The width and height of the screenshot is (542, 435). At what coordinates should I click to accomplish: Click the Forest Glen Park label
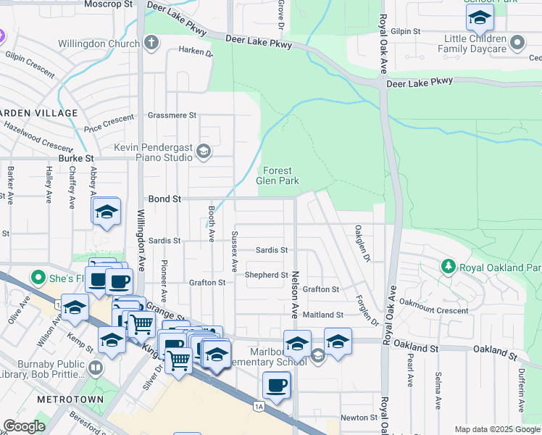point(278,175)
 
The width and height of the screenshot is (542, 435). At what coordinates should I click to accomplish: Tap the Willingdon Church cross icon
point(151,43)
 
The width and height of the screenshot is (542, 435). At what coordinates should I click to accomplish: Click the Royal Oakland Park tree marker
point(449,268)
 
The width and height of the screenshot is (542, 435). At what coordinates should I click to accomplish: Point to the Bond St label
point(164,198)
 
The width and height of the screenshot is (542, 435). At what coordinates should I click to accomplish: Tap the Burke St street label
point(77,157)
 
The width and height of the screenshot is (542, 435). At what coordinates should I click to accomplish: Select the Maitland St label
point(323,315)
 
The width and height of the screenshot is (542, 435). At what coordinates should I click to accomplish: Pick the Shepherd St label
point(267,275)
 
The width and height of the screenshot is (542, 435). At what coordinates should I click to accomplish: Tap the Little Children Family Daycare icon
point(517,43)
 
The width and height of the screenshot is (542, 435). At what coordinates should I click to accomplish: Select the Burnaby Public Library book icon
point(95,369)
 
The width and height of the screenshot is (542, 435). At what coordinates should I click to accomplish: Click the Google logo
point(24,426)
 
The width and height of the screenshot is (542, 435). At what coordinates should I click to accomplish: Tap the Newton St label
point(359,418)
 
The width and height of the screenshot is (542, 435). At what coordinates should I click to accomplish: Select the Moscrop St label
point(108,4)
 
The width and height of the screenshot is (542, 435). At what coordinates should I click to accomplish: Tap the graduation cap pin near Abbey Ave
point(107,212)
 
